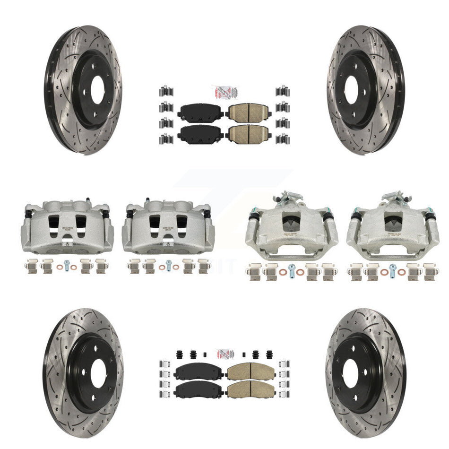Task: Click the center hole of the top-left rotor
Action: [x=97, y=89]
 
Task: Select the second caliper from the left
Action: [x=168, y=227]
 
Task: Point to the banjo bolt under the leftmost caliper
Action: [x=67, y=265]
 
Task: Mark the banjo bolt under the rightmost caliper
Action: [x=392, y=269]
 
